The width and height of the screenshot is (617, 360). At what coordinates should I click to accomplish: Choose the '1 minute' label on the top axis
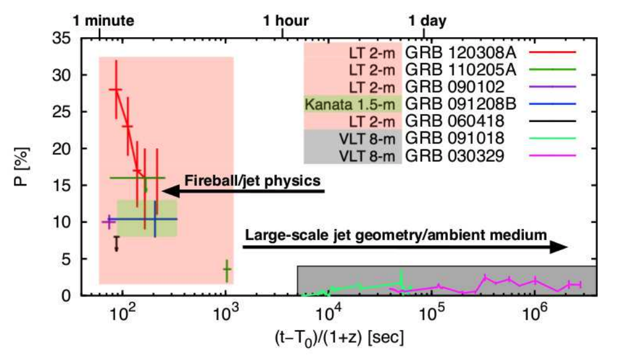pyautogui.click(x=103, y=20)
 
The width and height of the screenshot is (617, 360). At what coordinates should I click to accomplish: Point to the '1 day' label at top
pyautogui.click(x=428, y=20)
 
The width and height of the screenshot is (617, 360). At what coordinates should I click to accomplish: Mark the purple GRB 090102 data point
pyautogui.click(x=109, y=221)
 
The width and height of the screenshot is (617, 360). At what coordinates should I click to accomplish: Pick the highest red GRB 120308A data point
pyautogui.click(x=116, y=89)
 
